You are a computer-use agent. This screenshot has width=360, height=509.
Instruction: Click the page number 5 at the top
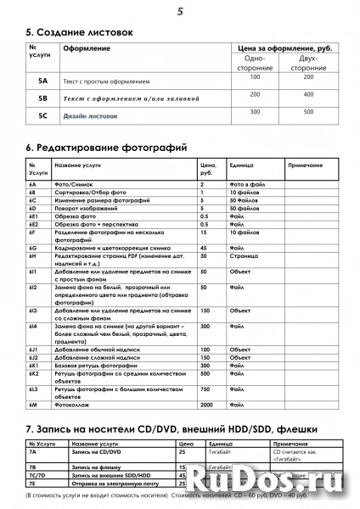coord(179,11)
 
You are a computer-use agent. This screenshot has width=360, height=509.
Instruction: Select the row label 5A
coord(42,81)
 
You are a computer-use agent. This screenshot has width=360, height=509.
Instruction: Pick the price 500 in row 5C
coord(308,111)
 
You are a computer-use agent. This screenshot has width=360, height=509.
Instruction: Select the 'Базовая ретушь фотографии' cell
coord(96,364)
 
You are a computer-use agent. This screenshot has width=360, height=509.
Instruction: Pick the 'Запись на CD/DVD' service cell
coord(93,453)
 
